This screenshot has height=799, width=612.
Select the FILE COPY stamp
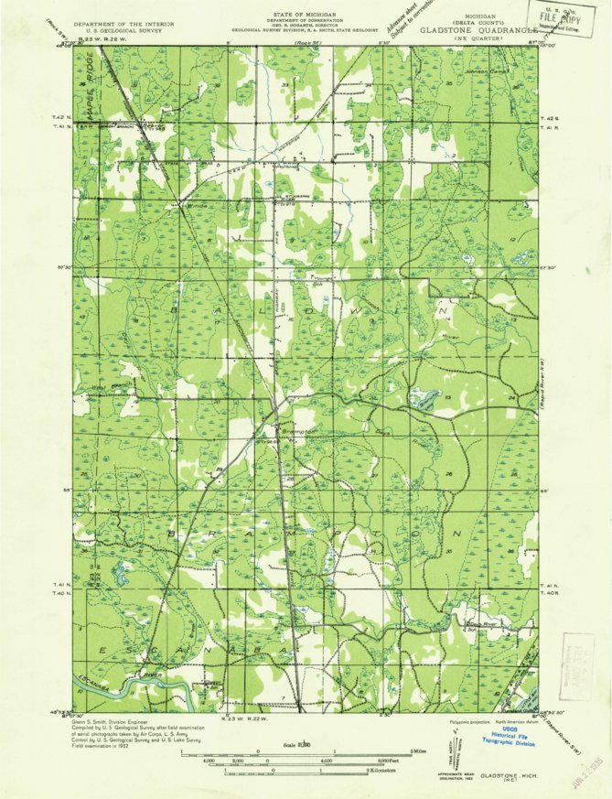tap(563, 16)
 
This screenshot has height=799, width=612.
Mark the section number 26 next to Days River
tap(449, 474)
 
